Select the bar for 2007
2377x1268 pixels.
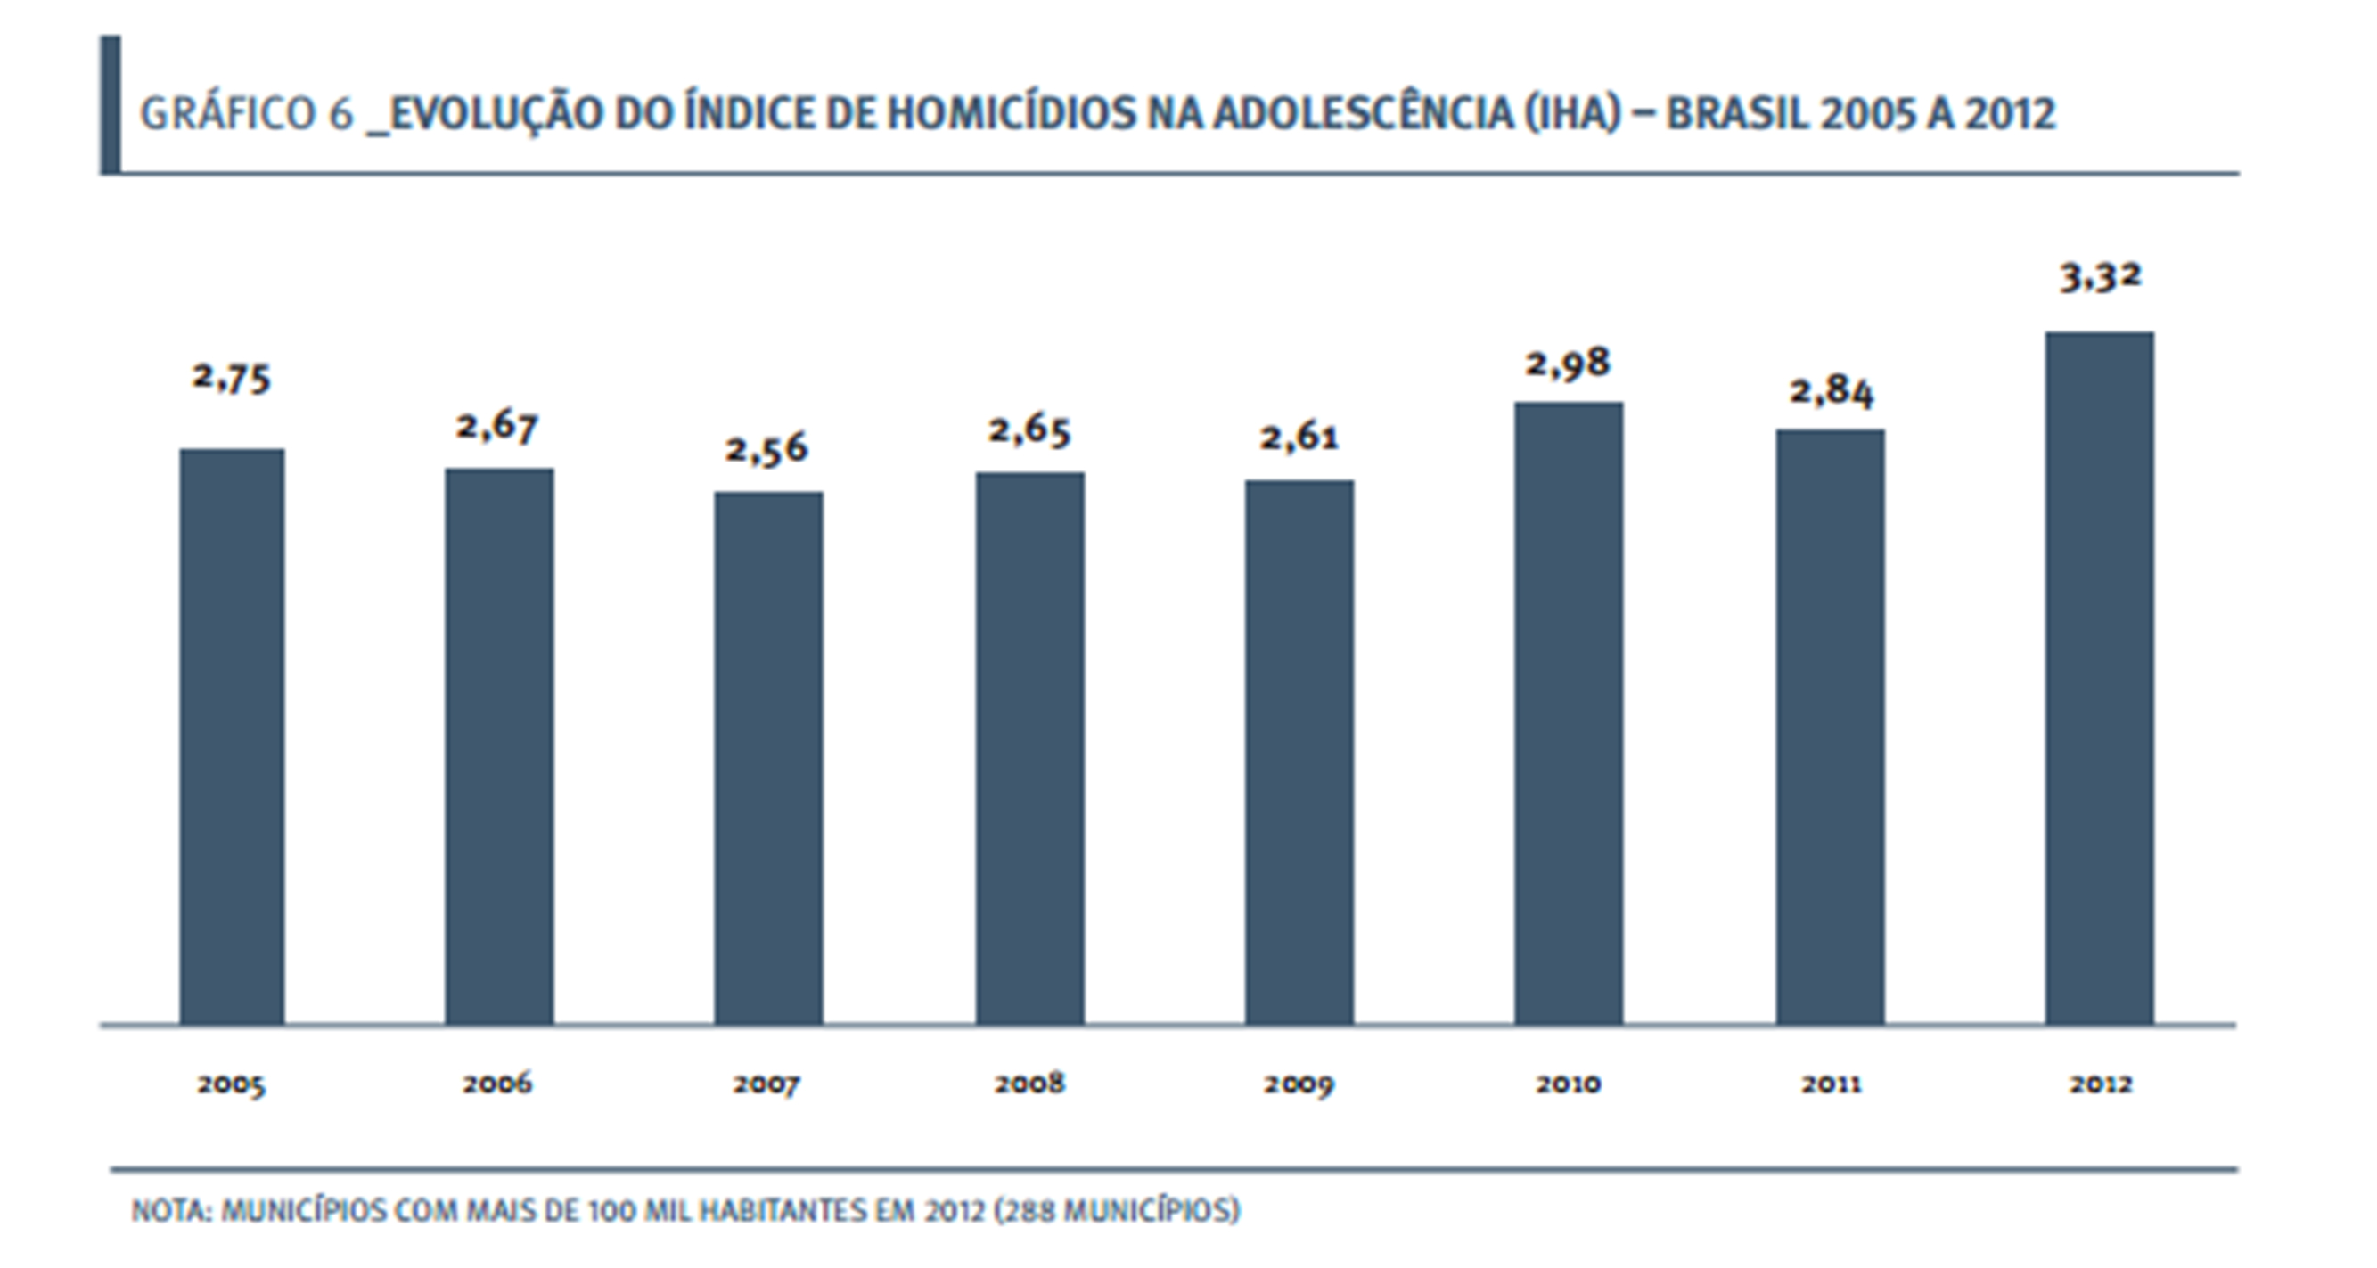pyautogui.click(x=767, y=757)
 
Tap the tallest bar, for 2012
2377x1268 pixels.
pyautogui.click(x=2099, y=677)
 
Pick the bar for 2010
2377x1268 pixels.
pyautogui.click(x=1568, y=713)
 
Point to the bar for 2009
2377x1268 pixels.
pyautogui.click(x=1299, y=752)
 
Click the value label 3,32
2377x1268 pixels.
pyautogui.click(x=2100, y=276)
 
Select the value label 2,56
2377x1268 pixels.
pyautogui.click(x=766, y=449)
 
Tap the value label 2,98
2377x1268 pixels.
pyautogui.click(x=1567, y=363)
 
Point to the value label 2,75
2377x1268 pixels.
pyautogui.click(x=232, y=378)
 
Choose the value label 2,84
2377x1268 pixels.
pyautogui.click(x=1831, y=392)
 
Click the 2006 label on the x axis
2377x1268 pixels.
pyautogui.click(x=498, y=1083)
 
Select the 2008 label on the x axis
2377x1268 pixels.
pyautogui.click(x=1029, y=1083)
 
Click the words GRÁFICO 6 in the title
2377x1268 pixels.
pyautogui.click(x=245, y=114)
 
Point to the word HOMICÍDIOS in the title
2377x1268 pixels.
pyautogui.click(x=1012, y=114)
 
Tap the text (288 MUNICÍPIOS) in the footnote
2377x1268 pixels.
pyautogui.click(x=1117, y=1210)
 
